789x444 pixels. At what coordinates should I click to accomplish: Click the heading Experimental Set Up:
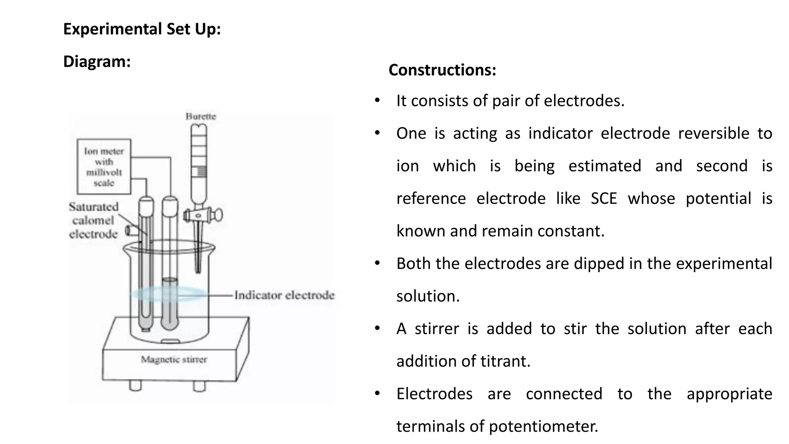(x=142, y=29)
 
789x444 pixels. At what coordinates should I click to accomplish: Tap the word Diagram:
(x=97, y=62)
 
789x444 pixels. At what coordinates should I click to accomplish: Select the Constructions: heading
(x=442, y=70)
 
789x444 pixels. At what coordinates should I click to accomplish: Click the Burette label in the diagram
(x=201, y=116)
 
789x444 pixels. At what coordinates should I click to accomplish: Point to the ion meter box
(x=104, y=166)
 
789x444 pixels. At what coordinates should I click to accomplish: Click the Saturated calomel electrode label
(x=94, y=220)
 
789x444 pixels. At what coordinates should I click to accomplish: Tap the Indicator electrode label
(x=284, y=295)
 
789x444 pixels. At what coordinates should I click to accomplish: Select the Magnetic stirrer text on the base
(x=174, y=360)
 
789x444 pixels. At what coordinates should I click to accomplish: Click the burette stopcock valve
(x=203, y=215)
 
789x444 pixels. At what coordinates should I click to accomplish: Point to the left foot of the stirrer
(x=135, y=385)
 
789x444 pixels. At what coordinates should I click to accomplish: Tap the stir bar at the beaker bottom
(x=170, y=341)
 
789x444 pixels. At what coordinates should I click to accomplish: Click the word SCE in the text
(x=604, y=198)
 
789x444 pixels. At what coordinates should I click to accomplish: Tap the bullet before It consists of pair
(x=377, y=101)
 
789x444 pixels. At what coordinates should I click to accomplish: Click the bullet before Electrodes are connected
(x=377, y=394)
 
